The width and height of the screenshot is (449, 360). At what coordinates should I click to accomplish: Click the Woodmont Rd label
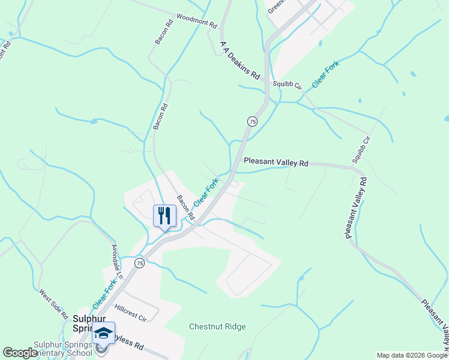[196, 22]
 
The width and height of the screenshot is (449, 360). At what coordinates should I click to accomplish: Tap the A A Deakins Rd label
[240, 61]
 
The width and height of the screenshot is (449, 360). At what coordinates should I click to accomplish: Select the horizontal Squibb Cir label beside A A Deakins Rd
[286, 85]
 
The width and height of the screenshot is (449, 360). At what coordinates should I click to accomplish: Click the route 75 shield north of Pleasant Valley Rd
[252, 121]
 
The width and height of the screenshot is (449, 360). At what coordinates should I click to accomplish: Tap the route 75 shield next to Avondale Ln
[139, 263]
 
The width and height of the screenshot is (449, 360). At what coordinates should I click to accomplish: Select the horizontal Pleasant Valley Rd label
[276, 162]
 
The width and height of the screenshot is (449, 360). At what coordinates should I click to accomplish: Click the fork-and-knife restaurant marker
[164, 215]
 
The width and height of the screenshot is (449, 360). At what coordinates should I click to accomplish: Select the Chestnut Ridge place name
[217, 327]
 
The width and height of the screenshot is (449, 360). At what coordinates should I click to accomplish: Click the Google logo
[20, 353]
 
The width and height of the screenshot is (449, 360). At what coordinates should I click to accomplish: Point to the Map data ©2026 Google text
[411, 355]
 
